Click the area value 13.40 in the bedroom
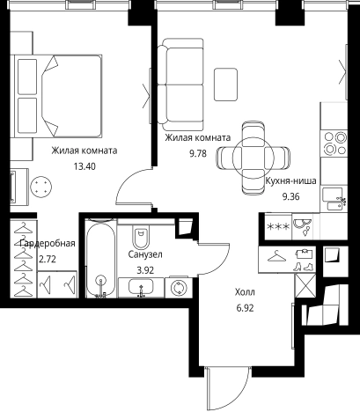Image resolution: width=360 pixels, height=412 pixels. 84,166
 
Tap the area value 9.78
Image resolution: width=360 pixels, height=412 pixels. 198,153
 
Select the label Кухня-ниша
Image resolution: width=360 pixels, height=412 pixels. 290,180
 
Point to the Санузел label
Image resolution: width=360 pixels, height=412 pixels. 145,254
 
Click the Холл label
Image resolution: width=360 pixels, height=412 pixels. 245,292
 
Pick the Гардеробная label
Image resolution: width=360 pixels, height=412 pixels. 48,243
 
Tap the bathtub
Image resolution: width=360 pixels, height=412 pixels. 101,258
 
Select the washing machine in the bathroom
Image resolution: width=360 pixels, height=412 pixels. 179,288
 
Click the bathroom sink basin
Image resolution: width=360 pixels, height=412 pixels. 141,288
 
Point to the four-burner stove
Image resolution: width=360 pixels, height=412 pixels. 334,143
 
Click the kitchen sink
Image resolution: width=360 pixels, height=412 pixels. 334,199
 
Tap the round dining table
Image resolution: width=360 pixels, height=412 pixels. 253,158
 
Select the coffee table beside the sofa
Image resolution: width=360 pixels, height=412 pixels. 225,85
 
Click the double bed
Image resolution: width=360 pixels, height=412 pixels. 58,96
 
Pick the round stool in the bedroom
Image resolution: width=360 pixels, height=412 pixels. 41,187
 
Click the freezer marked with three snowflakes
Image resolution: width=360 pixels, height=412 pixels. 278,226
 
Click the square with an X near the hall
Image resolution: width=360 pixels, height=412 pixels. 305,286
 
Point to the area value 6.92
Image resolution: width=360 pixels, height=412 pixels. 245,308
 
